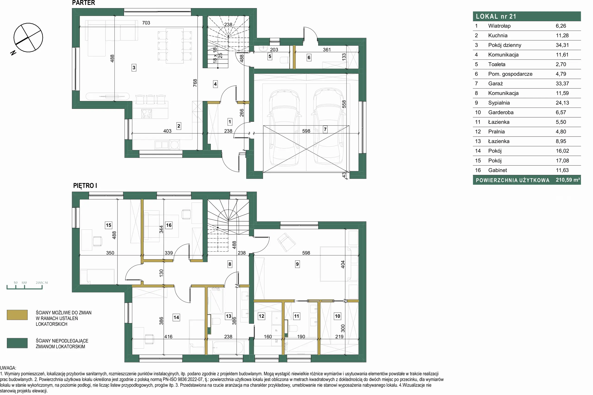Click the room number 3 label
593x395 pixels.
(x=134, y=68)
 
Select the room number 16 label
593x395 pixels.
(x=169, y=225)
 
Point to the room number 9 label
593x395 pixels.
(x=297, y=264)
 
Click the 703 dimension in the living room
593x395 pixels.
(x=146, y=23)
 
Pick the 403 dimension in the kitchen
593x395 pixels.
(x=167, y=131)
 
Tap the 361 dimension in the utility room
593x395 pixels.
(x=327, y=50)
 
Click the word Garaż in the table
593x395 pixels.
(x=495, y=84)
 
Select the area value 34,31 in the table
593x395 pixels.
(x=562, y=45)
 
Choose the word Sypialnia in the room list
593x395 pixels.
(x=499, y=103)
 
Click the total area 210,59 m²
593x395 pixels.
(x=568, y=180)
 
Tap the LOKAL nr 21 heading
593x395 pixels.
(x=496, y=16)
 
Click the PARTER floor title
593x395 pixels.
(x=83, y=3)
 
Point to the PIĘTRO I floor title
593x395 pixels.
(x=85, y=186)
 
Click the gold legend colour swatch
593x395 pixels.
(x=17, y=315)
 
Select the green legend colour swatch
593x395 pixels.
(x=17, y=343)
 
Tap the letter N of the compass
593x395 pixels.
(x=13, y=53)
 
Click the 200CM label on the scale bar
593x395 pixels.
(x=42, y=283)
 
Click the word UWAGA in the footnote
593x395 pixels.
(x=8, y=368)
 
